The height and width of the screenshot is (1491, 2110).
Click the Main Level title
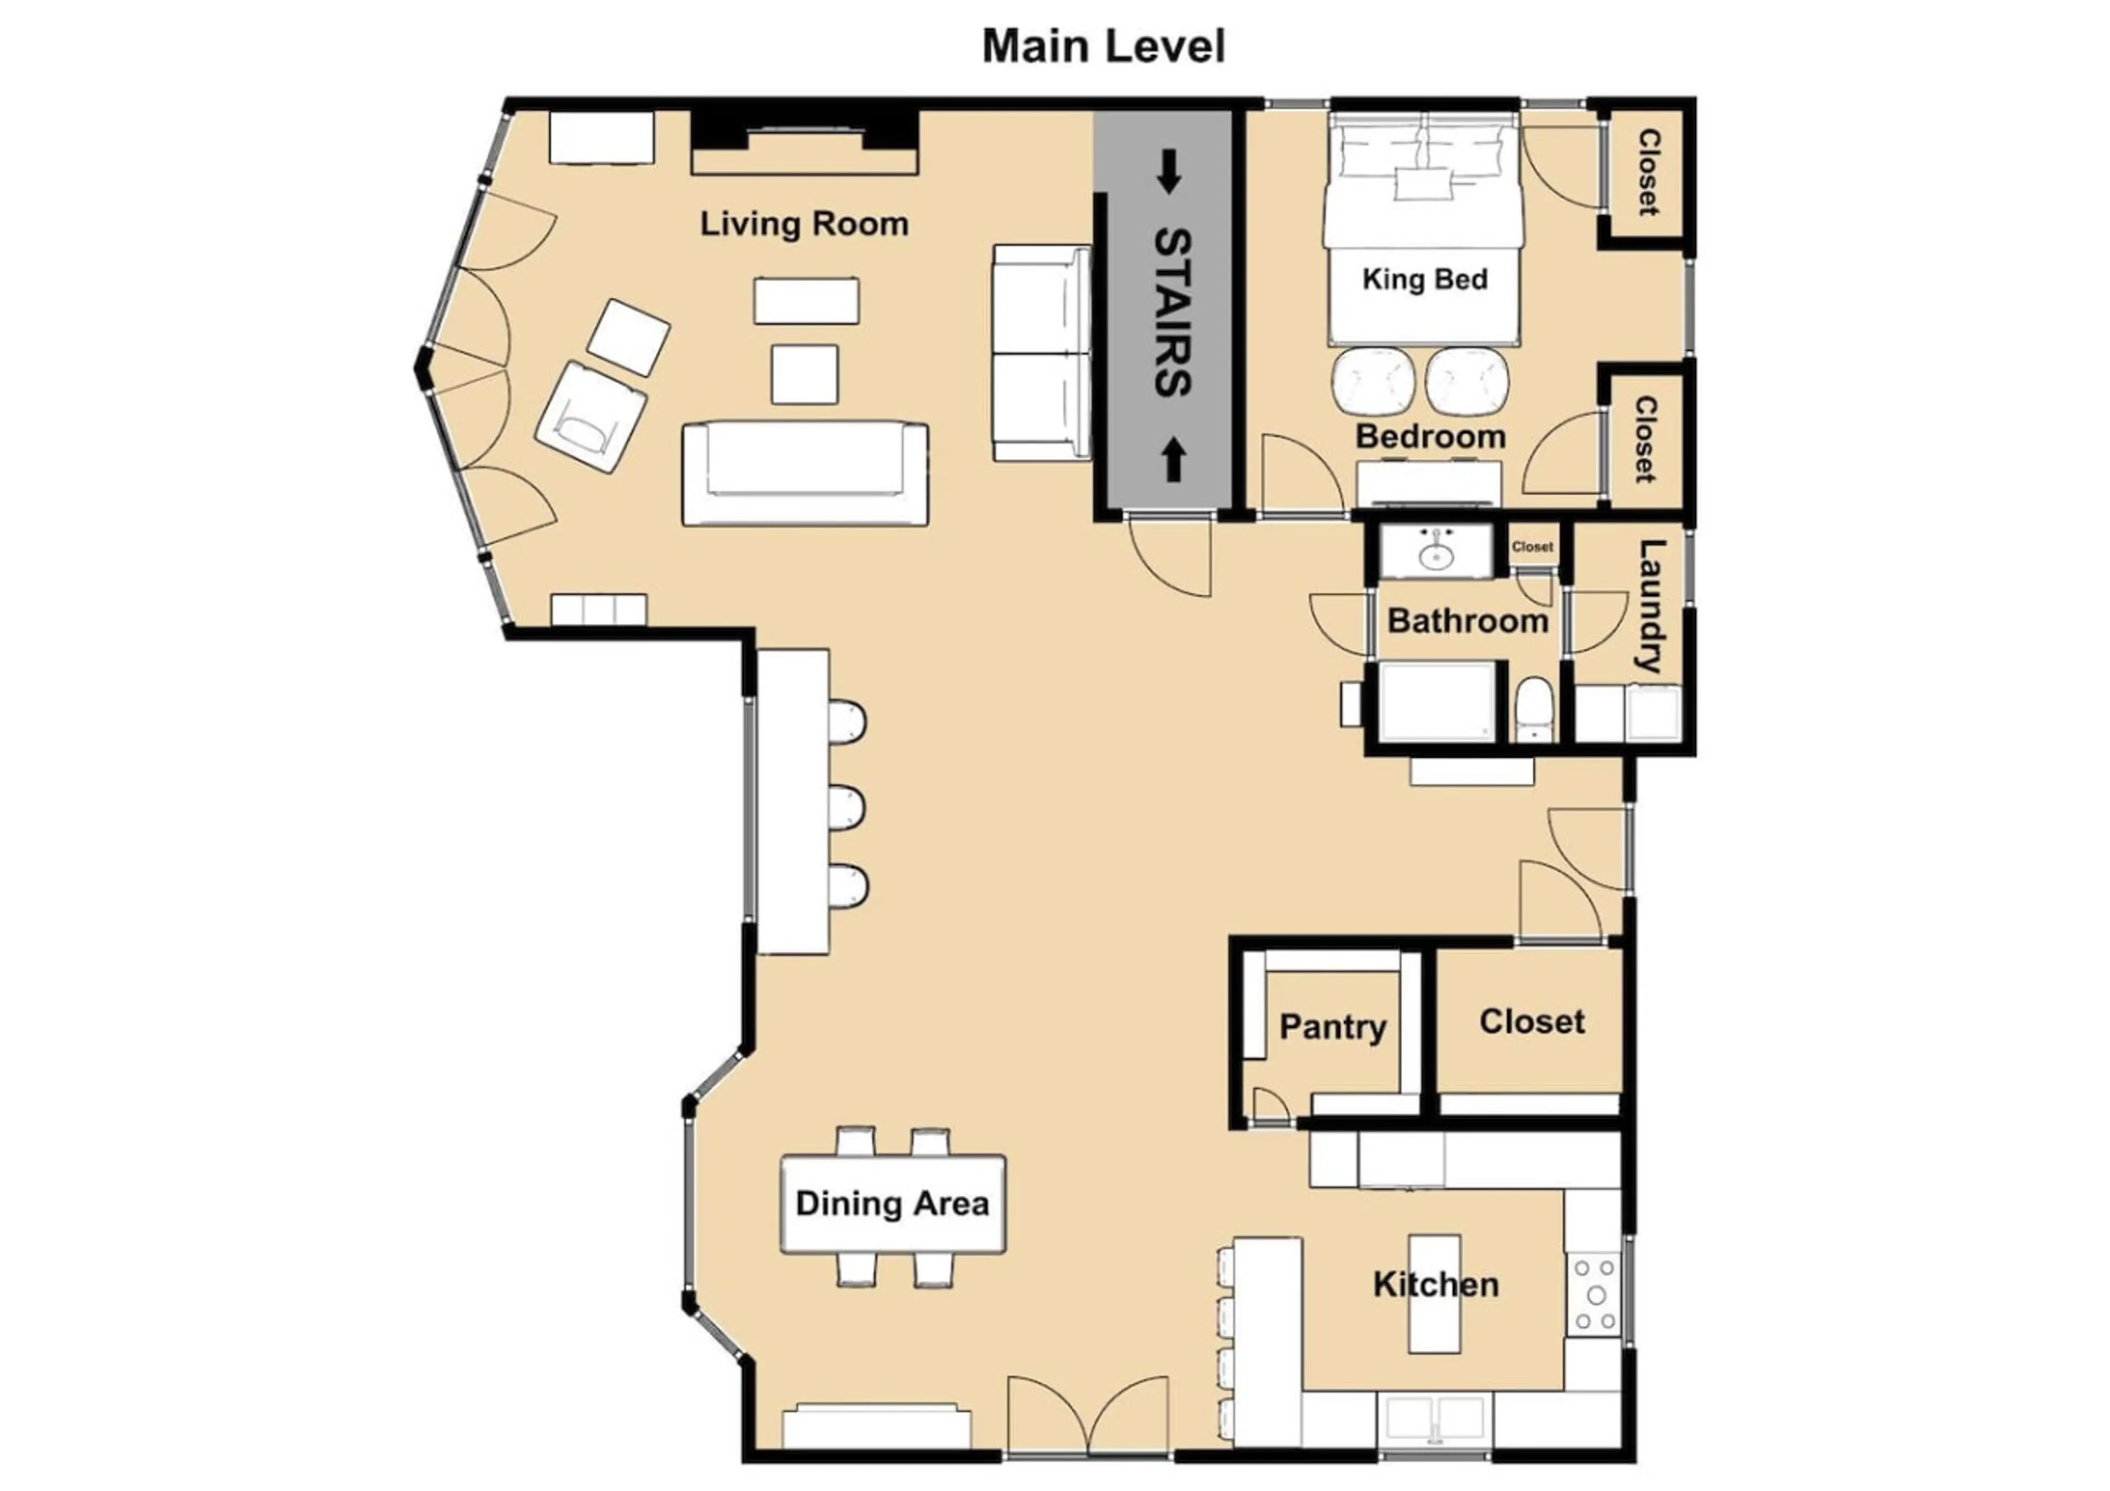pos(1104,46)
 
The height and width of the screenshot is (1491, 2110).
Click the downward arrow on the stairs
pos(1168,172)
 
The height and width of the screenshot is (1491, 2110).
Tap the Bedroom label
pos(1431,437)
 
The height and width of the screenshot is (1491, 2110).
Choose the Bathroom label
pos(1468,621)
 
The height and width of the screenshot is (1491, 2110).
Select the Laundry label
pos(1651,606)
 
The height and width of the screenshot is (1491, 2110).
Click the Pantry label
pos(1332,1027)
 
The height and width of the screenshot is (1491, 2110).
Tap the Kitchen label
pos(1435,1285)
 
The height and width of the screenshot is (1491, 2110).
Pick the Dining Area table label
pos(892,1203)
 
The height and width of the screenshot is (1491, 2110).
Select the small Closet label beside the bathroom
pos(1532,546)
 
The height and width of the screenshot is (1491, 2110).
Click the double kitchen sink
pos(1435,1420)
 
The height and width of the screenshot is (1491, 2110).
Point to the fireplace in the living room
pos(804,142)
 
